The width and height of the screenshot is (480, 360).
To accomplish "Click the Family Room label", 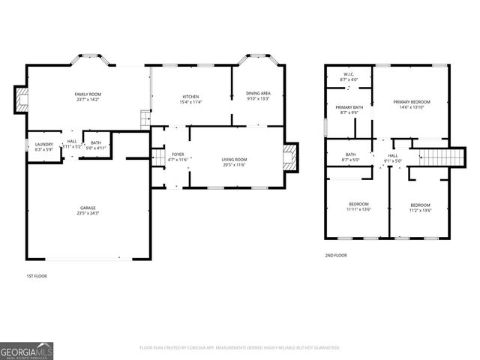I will click(88, 94).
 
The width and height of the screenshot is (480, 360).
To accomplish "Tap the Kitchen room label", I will click(190, 96).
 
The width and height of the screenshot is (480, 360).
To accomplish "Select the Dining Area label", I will click(258, 94).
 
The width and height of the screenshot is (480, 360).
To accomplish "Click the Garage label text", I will click(88, 208).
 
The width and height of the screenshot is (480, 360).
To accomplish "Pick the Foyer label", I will click(177, 154).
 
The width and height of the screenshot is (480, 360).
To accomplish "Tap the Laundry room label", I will click(43, 144).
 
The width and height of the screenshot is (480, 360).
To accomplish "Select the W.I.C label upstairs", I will click(349, 74).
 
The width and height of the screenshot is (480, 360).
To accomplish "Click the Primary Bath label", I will click(349, 107).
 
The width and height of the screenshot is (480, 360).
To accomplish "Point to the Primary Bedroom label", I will click(412, 101).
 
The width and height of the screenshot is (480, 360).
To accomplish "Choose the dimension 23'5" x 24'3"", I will click(88, 213).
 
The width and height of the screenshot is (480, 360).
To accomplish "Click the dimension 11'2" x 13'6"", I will click(420, 210).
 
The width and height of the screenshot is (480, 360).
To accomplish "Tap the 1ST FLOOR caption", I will click(37, 276).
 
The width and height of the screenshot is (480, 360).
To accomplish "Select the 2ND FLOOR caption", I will click(335, 255).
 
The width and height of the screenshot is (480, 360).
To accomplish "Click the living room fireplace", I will click(291, 157).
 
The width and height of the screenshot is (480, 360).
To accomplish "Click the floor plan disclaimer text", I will click(240, 348).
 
